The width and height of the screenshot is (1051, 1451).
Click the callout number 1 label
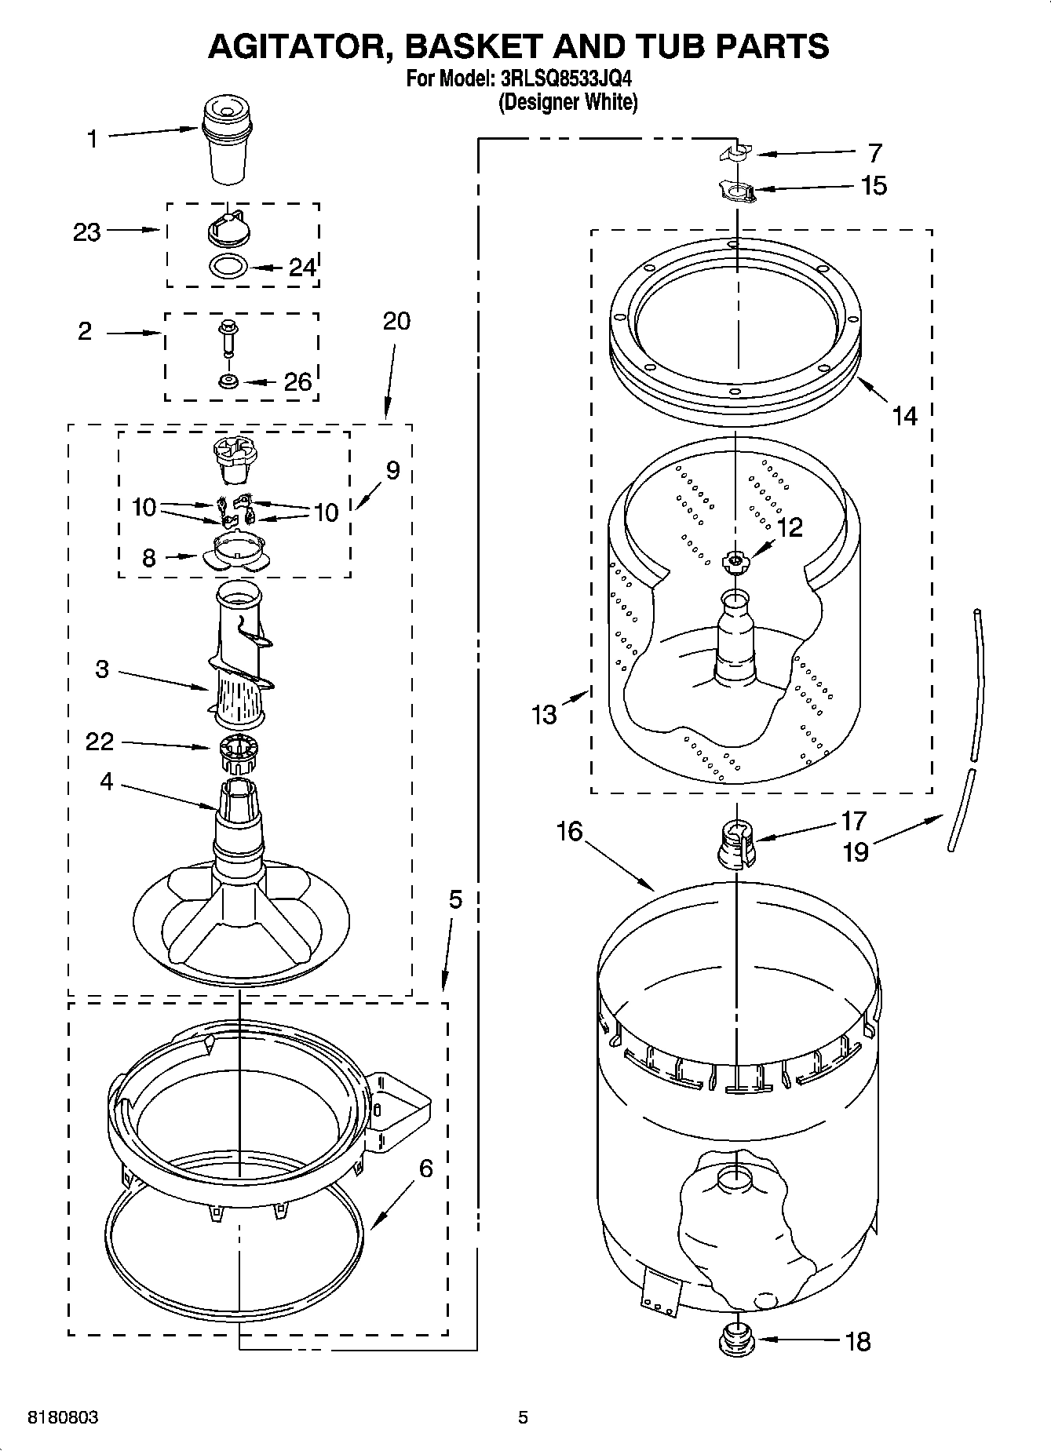click(93, 139)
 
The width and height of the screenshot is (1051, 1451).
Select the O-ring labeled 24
click(228, 266)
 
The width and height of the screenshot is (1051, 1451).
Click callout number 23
click(87, 232)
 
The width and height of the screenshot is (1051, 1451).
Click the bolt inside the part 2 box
click(228, 336)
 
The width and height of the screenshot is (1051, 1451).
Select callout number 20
click(396, 321)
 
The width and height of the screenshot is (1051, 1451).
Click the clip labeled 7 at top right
click(736, 153)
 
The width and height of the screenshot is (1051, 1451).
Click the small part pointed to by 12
click(735, 560)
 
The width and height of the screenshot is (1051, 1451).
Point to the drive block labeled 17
click(736, 842)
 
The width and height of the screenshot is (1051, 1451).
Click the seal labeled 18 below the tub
click(736, 1339)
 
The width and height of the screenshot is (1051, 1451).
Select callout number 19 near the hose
click(855, 851)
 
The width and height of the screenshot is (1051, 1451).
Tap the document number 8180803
click(63, 1417)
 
